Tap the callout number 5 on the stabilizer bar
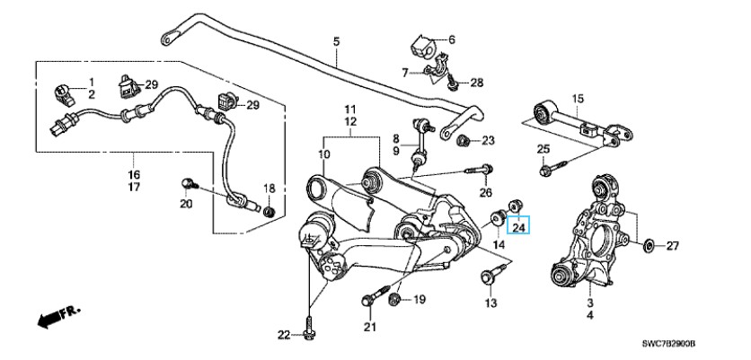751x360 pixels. [x=336, y=41]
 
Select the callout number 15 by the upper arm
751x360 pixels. [x=578, y=98]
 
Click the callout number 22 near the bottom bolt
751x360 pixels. [x=284, y=336]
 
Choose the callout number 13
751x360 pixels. [x=490, y=303]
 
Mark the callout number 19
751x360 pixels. [x=419, y=301]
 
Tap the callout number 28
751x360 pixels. [x=476, y=83]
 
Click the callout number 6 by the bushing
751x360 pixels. [x=451, y=40]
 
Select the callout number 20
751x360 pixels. [x=185, y=204]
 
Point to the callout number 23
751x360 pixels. [x=488, y=140]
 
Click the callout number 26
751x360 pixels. [x=486, y=191]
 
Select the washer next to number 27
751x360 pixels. [x=649, y=243]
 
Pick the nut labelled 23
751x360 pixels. [x=464, y=141]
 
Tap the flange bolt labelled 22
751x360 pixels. [x=308, y=329]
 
